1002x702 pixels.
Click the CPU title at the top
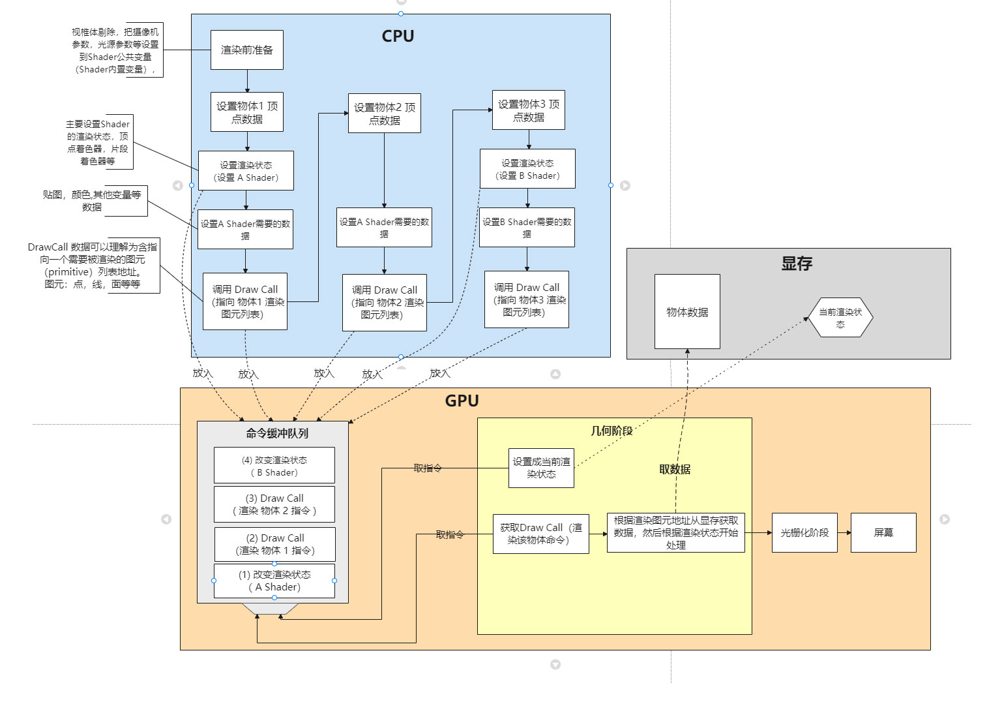[398, 37]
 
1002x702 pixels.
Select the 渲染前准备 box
[246, 50]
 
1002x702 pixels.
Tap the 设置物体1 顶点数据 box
[247, 112]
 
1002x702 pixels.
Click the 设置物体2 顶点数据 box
[384, 114]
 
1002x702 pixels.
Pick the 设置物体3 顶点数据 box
[528, 110]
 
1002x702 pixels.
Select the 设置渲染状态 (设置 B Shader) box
[527, 169]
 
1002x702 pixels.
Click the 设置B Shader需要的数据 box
[527, 228]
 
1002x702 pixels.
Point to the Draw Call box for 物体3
[527, 299]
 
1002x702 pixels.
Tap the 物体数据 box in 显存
[687, 312]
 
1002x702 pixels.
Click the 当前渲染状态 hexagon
[840, 318]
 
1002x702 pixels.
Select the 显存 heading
[797, 264]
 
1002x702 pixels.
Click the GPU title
[462, 401]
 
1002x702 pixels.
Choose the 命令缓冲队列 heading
[277, 433]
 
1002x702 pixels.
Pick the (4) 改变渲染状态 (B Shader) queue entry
[274, 466]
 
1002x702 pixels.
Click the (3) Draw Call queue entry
[274, 504]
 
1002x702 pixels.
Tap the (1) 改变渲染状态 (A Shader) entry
[274, 581]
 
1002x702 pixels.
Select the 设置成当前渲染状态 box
[541, 468]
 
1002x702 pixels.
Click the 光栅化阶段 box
[804, 532]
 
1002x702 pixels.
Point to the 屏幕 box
[883, 532]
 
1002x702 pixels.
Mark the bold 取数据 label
[675, 469]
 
